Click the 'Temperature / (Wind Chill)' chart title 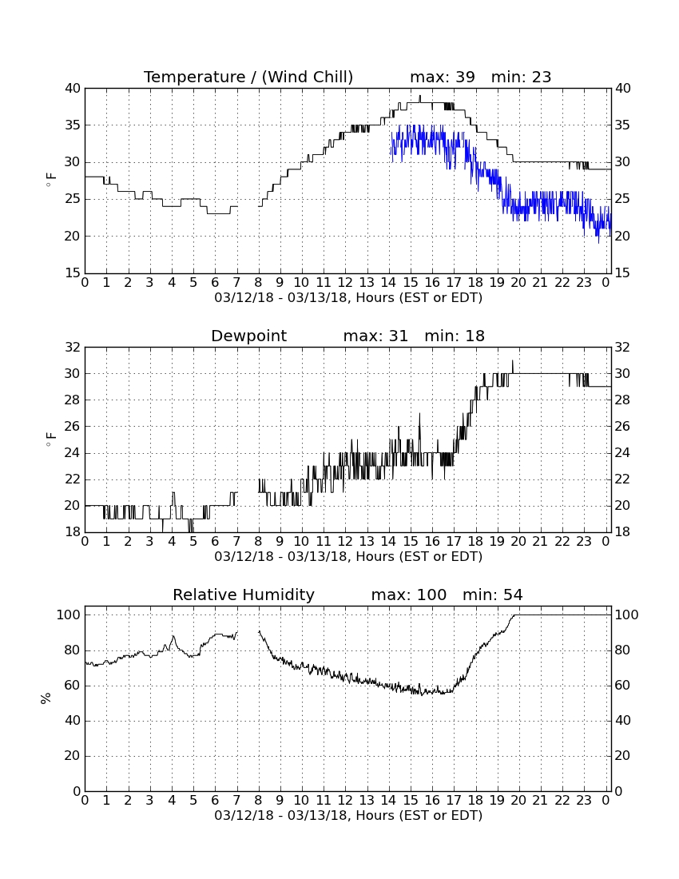coord(248,77)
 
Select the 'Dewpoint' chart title coord(248,336)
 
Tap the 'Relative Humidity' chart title coord(244,595)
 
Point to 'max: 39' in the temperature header coord(443,77)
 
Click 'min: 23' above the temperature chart coord(521,77)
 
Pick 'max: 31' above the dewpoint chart coord(375,336)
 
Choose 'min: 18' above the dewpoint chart coord(455,336)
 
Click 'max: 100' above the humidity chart coord(409,595)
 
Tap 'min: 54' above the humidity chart coord(492,595)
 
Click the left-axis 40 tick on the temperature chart coord(73,89)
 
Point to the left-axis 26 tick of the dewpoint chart coord(73,427)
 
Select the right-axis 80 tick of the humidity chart coord(622,650)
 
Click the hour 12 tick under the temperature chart coord(345,283)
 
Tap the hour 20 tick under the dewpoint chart coord(518,542)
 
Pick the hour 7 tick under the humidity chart coord(236,801)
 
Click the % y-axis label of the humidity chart coord(46,698)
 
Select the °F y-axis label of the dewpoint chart coord(51,439)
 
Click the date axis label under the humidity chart coord(348,815)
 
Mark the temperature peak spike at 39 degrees coord(420,98)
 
